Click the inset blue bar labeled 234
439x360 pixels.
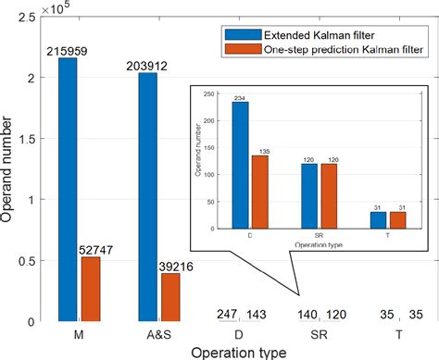[x=240, y=168]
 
